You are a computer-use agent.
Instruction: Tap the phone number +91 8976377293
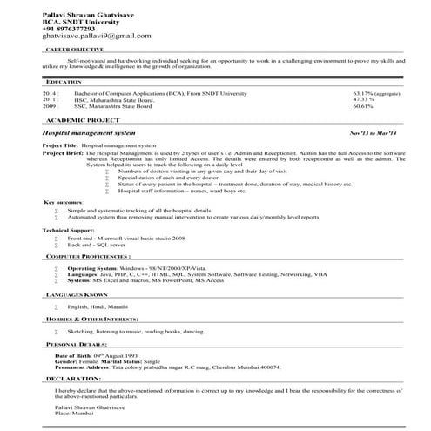click(x=72, y=28)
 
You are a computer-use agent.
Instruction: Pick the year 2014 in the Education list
click(x=49, y=92)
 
